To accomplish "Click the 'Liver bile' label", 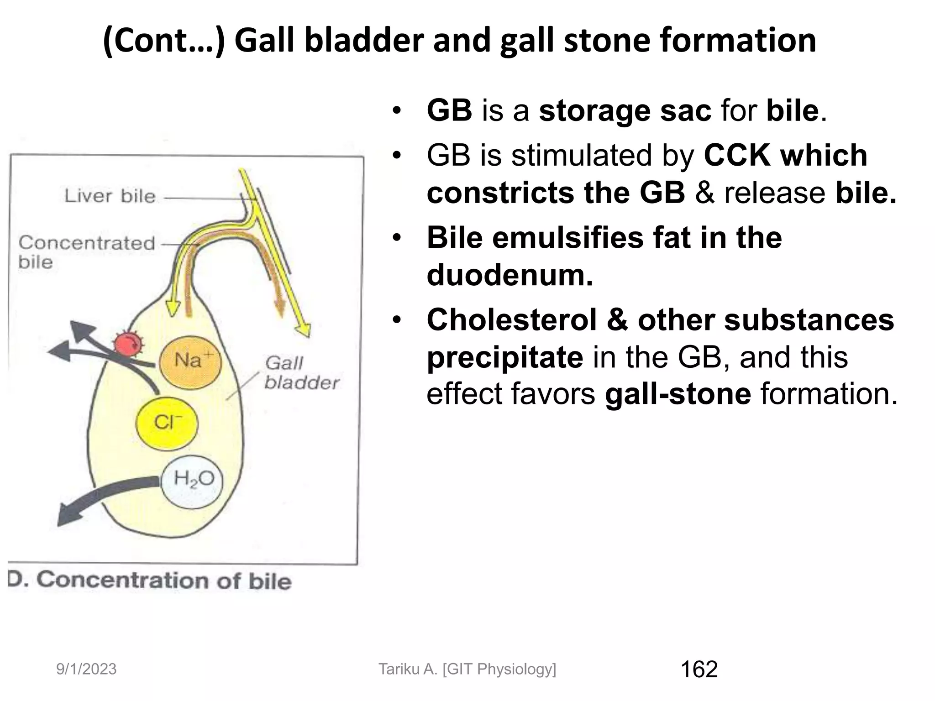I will point(110,196).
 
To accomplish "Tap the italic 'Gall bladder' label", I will point(301,373).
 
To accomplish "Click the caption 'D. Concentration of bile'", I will point(150,581).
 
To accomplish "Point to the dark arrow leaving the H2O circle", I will point(100,497).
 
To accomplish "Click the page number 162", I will point(699,670).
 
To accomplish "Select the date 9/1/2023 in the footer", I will point(86,670).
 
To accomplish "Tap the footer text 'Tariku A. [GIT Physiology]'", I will point(467,669).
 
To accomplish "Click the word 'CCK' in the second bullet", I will point(737,156).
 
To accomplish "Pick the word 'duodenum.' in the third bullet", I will point(510,275).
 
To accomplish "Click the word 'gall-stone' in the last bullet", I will point(678,393).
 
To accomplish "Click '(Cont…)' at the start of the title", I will point(164,41).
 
